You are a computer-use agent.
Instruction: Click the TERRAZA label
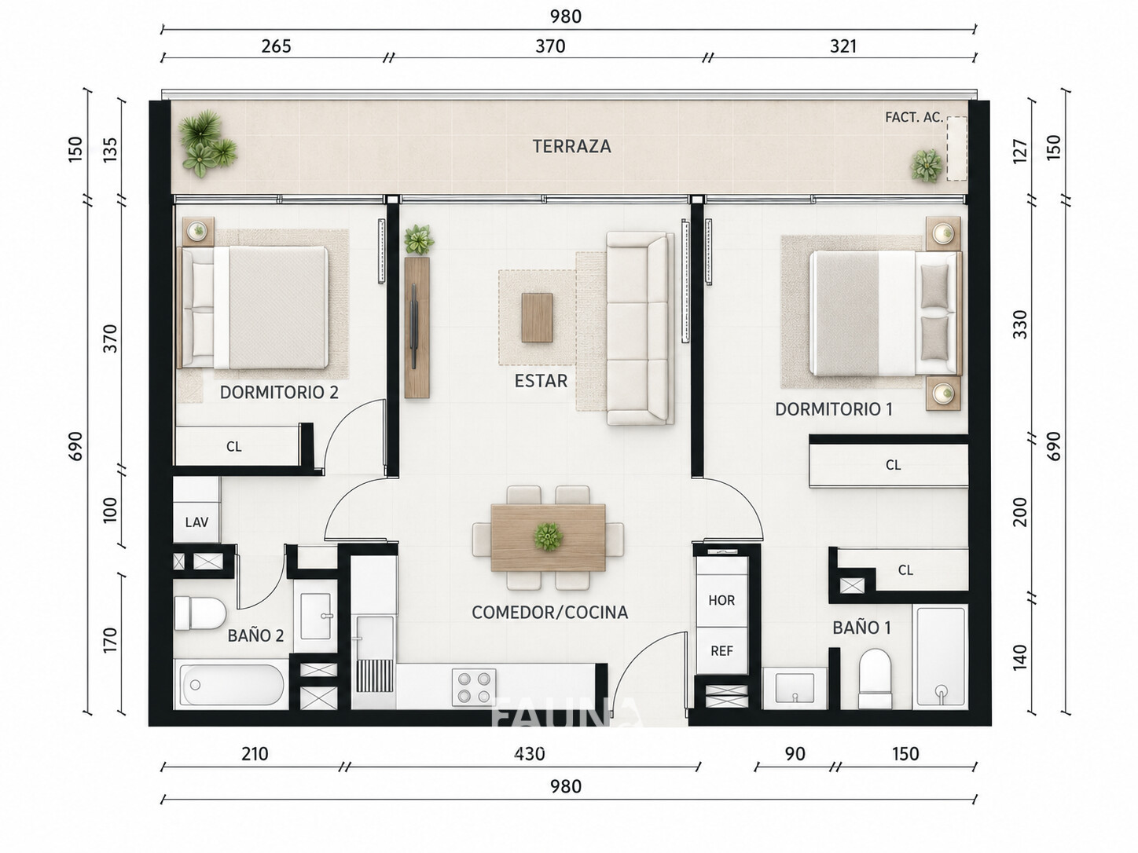tap(572, 146)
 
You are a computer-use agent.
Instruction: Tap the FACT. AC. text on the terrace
tap(913, 118)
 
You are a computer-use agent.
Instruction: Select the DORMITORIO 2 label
tap(279, 392)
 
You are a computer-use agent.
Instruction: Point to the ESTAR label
tap(541, 381)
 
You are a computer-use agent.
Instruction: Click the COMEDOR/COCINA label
tap(549, 612)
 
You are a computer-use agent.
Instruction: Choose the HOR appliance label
tap(721, 600)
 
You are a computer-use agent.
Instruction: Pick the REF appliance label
tap(721, 651)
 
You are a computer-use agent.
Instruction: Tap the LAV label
tap(196, 522)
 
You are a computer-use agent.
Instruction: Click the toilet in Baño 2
tap(200, 613)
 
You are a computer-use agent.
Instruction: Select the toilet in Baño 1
tap(876, 679)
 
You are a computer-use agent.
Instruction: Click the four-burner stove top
tap(474, 687)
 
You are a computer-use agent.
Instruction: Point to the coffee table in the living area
tap(537, 317)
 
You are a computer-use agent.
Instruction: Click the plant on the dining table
tap(548, 536)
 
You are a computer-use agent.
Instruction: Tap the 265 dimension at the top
tap(277, 46)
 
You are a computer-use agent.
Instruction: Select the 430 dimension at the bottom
tap(530, 753)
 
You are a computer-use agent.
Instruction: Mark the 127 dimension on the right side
tap(1020, 151)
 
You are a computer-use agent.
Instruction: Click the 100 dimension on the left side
tap(110, 510)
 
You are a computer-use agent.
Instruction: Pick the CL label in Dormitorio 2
tap(234, 446)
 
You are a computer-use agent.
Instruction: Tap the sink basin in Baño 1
tap(795, 688)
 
